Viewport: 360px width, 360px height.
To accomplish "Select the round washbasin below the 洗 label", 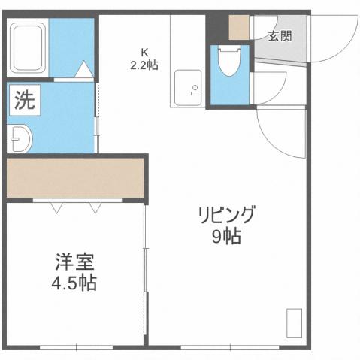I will pyautogui.click(x=20, y=139).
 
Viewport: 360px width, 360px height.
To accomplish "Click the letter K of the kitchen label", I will pyautogui.click(x=144, y=52).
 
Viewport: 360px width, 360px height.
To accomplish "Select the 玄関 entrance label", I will pyautogui.click(x=280, y=36).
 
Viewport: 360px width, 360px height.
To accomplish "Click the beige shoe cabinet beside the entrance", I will pyautogui.click(x=239, y=27).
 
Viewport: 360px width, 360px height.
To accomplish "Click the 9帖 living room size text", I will pyautogui.click(x=226, y=237).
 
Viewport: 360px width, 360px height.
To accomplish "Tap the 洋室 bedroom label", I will pyautogui.click(x=74, y=265).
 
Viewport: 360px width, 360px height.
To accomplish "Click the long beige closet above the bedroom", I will pyautogui.click(x=75, y=177).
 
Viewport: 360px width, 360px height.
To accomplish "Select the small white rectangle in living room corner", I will pyautogui.click(x=294, y=323).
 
